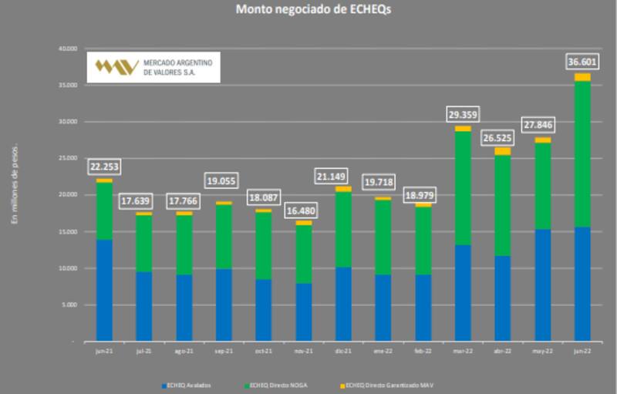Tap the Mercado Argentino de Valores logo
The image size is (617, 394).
pos(153,66)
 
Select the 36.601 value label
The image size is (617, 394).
pos(582,61)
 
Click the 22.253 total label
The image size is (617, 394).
pos(104,166)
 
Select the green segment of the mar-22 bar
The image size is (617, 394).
pos(463,188)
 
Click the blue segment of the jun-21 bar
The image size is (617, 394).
pos(104,290)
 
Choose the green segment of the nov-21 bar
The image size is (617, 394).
pos(303,254)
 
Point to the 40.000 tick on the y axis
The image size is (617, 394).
pos(67,49)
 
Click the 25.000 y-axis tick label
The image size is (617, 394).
pos(67,158)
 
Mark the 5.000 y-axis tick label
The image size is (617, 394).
pos(69,305)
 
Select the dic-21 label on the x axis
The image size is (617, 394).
pos(343,350)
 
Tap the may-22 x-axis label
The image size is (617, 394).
pos(542,350)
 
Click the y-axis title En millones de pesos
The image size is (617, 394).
pos(13,185)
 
